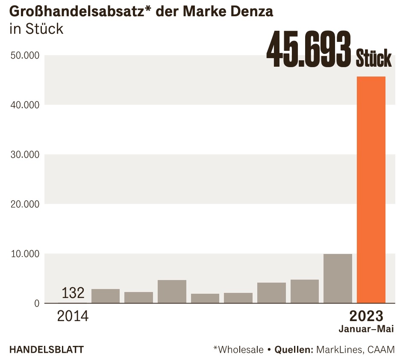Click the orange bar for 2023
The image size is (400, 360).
pyautogui.click(x=371, y=190)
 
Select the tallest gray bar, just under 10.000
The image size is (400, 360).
pyautogui.click(x=338, y=278)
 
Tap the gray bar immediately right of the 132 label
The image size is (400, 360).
pyautogui.click(x=106, y=296)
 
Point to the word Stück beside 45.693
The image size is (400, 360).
pyautogui.click(x=374, y=58)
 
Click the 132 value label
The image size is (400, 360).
pyautogui.click(x=73, y=293)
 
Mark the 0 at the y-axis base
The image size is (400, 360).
pyautogui.click(x=36, y=304)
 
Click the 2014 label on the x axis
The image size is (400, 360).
pyautogui.click(x=73, y=317)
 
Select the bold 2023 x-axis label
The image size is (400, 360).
pyautogui.click(x=366, y=316)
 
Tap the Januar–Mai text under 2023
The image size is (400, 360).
pyautogui.click(x=366, y=329)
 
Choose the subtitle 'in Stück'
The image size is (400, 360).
pyautogui.click(x=36, y=29)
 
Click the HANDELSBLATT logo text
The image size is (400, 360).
pyautogui.click(x=46, y=349)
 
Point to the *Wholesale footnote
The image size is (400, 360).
pyautogui.click(x=238, y=349)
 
